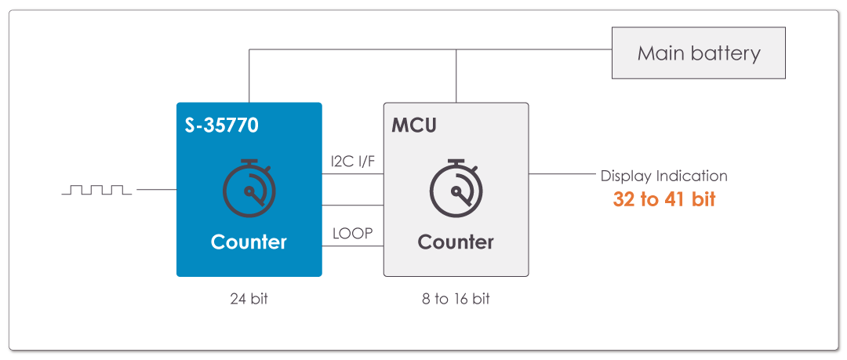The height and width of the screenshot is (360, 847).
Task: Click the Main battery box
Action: tap(698, 54)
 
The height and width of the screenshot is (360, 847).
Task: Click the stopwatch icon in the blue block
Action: tap(249, 184)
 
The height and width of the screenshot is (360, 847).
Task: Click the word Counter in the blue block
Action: tap(249, 242)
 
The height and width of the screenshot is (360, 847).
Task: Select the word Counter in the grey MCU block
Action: tap(456, 242)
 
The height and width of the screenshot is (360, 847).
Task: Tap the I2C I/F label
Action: tap(352, 162)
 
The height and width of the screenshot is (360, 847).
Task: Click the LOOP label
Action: tap(352, 234)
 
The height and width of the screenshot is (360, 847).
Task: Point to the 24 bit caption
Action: tap(249, 299)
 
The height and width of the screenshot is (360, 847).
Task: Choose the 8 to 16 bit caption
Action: tap(456, 299)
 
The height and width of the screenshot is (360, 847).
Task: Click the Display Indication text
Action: tap(663, 176)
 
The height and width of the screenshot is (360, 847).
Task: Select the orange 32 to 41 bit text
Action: tap(664, 199)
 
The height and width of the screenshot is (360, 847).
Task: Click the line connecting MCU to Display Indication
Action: tap(560, 174)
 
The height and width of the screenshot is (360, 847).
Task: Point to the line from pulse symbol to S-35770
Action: tap(156, 190)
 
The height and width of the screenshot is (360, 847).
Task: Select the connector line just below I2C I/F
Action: tap(352, 174)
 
